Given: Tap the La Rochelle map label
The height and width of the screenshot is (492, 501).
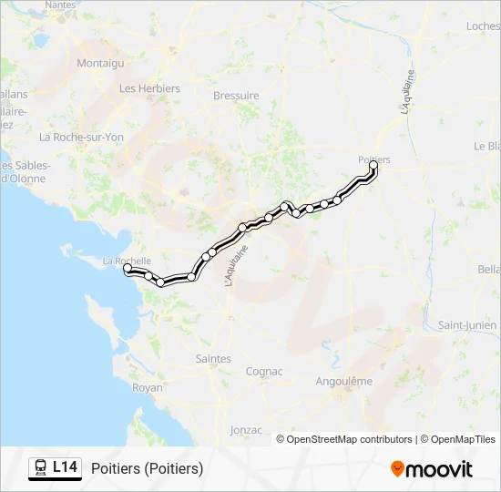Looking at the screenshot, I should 127,261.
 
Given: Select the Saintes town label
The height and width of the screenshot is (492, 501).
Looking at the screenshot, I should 213,359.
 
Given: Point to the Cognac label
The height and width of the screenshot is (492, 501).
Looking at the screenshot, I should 264,372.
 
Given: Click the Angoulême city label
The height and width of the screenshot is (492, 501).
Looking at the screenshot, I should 343,381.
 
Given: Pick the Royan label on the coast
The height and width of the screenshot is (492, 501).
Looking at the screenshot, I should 148,387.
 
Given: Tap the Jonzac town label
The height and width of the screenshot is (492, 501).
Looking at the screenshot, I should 247,430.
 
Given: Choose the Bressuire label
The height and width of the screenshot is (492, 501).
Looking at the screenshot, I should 236,96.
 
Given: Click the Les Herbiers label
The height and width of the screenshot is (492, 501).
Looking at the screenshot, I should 150,88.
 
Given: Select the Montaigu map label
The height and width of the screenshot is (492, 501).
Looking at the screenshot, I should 100,63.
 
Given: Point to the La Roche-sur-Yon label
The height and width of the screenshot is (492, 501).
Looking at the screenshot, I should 81,137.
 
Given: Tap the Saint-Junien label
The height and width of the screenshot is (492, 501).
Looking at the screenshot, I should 467,325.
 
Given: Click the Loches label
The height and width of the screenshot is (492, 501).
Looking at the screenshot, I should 483,26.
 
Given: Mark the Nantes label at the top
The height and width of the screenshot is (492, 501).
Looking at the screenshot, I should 60,5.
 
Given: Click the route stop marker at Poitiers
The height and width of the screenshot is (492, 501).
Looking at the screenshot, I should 373,165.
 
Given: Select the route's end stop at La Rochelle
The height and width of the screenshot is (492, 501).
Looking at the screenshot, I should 128,268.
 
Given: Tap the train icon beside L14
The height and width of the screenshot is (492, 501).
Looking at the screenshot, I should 41,467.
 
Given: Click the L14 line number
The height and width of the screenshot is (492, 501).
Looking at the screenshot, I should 66,467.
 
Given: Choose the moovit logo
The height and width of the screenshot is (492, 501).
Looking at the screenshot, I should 432,469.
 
